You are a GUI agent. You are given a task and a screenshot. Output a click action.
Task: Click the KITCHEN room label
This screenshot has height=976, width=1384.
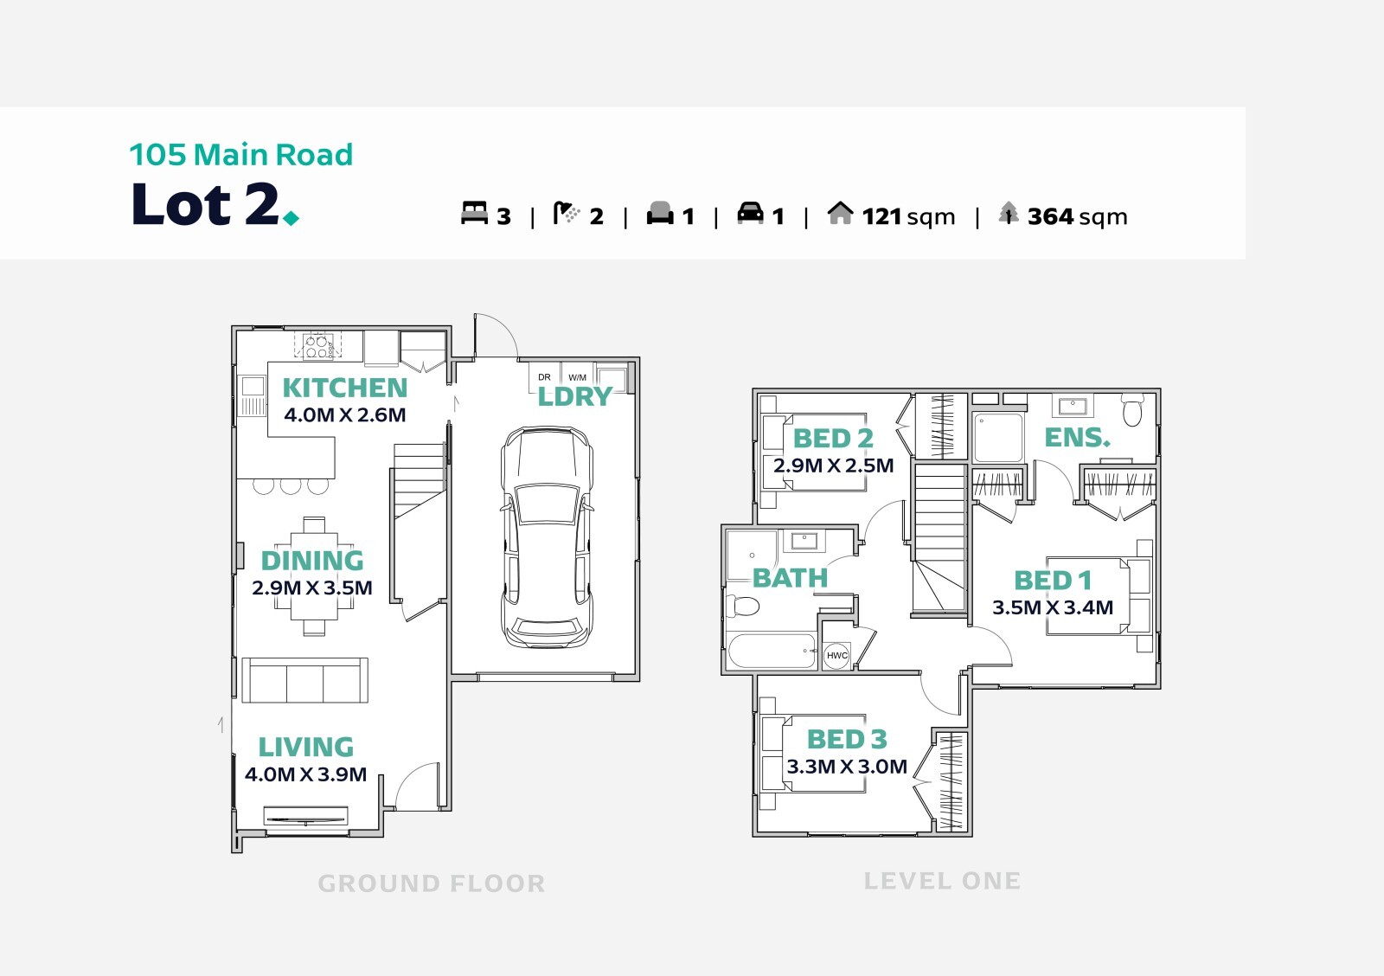(x=345, y=388)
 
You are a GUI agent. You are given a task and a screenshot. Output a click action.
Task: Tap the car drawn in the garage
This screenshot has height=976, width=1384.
(x=547, y=537)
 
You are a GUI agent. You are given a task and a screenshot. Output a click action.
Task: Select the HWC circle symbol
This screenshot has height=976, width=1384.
(x=836, y=655)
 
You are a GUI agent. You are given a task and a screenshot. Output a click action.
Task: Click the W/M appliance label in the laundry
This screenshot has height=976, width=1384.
(x=577, y=377)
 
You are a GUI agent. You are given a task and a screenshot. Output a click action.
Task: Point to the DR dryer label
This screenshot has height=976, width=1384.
(x=544, y=377)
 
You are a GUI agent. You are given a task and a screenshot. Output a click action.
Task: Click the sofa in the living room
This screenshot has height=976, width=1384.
(x=304, y=680)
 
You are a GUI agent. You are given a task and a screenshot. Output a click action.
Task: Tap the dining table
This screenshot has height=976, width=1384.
(x=314, y=576)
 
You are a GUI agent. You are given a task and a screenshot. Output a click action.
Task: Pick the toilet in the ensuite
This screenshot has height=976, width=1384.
(x=1132, y=409)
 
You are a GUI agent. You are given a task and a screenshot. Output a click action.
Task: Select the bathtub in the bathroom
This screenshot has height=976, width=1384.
(x=772, y=651)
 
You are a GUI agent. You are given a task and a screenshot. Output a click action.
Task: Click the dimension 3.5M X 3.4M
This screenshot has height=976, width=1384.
(x=1053, y=607)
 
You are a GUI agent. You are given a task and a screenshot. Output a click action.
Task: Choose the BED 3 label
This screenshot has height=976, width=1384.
(x=847, y=739)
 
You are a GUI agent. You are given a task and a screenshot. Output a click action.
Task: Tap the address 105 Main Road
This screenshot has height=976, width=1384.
(x=241, y=155)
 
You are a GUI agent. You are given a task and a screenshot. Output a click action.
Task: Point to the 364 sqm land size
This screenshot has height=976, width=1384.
(x=1077, y=217)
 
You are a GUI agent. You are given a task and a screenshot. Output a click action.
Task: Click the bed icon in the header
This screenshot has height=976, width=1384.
(x=474, y=213)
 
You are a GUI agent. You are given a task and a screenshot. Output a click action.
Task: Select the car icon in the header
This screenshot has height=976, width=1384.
(x=750, y=213)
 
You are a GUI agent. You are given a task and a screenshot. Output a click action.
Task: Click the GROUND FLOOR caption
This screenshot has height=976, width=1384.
(x=432, y=884)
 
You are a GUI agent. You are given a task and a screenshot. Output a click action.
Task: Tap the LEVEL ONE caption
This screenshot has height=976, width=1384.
(x=942, y=882)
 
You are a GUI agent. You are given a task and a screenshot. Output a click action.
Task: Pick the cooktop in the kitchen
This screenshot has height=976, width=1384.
(x=317, y=346)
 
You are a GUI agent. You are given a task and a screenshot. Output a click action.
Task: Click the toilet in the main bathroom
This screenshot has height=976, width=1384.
(x=743, y=607)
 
